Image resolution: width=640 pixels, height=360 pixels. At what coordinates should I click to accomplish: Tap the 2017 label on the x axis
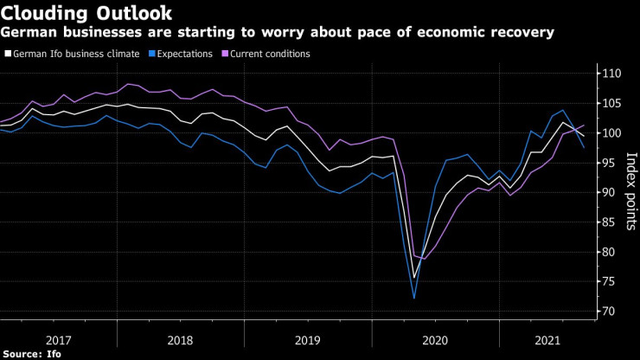[x=59, y=338]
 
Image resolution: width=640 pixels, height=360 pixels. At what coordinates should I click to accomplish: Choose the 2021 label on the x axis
[x=547, y=338]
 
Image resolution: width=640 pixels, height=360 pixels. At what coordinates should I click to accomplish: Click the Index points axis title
[x=630, y=190]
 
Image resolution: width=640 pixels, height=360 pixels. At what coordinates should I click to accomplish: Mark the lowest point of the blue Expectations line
[x=414, y=299]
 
